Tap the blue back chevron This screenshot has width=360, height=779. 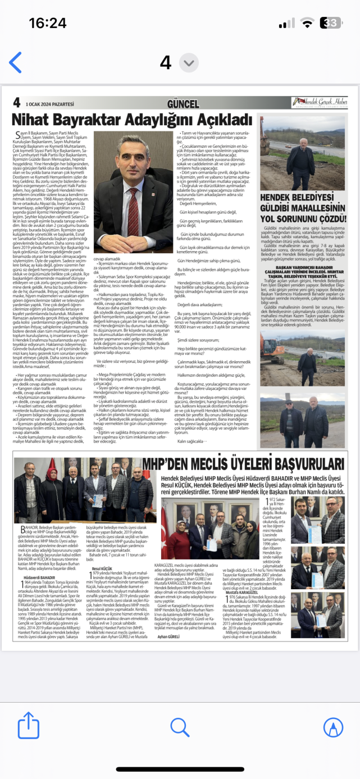click(x=15, y=62)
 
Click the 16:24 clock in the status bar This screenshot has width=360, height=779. click(x=47, y=22)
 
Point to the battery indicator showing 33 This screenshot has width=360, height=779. click(x=332, y=23)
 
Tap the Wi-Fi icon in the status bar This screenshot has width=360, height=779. click(x=307, y=23)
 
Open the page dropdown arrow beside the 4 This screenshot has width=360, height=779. click(x=189, y=62)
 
